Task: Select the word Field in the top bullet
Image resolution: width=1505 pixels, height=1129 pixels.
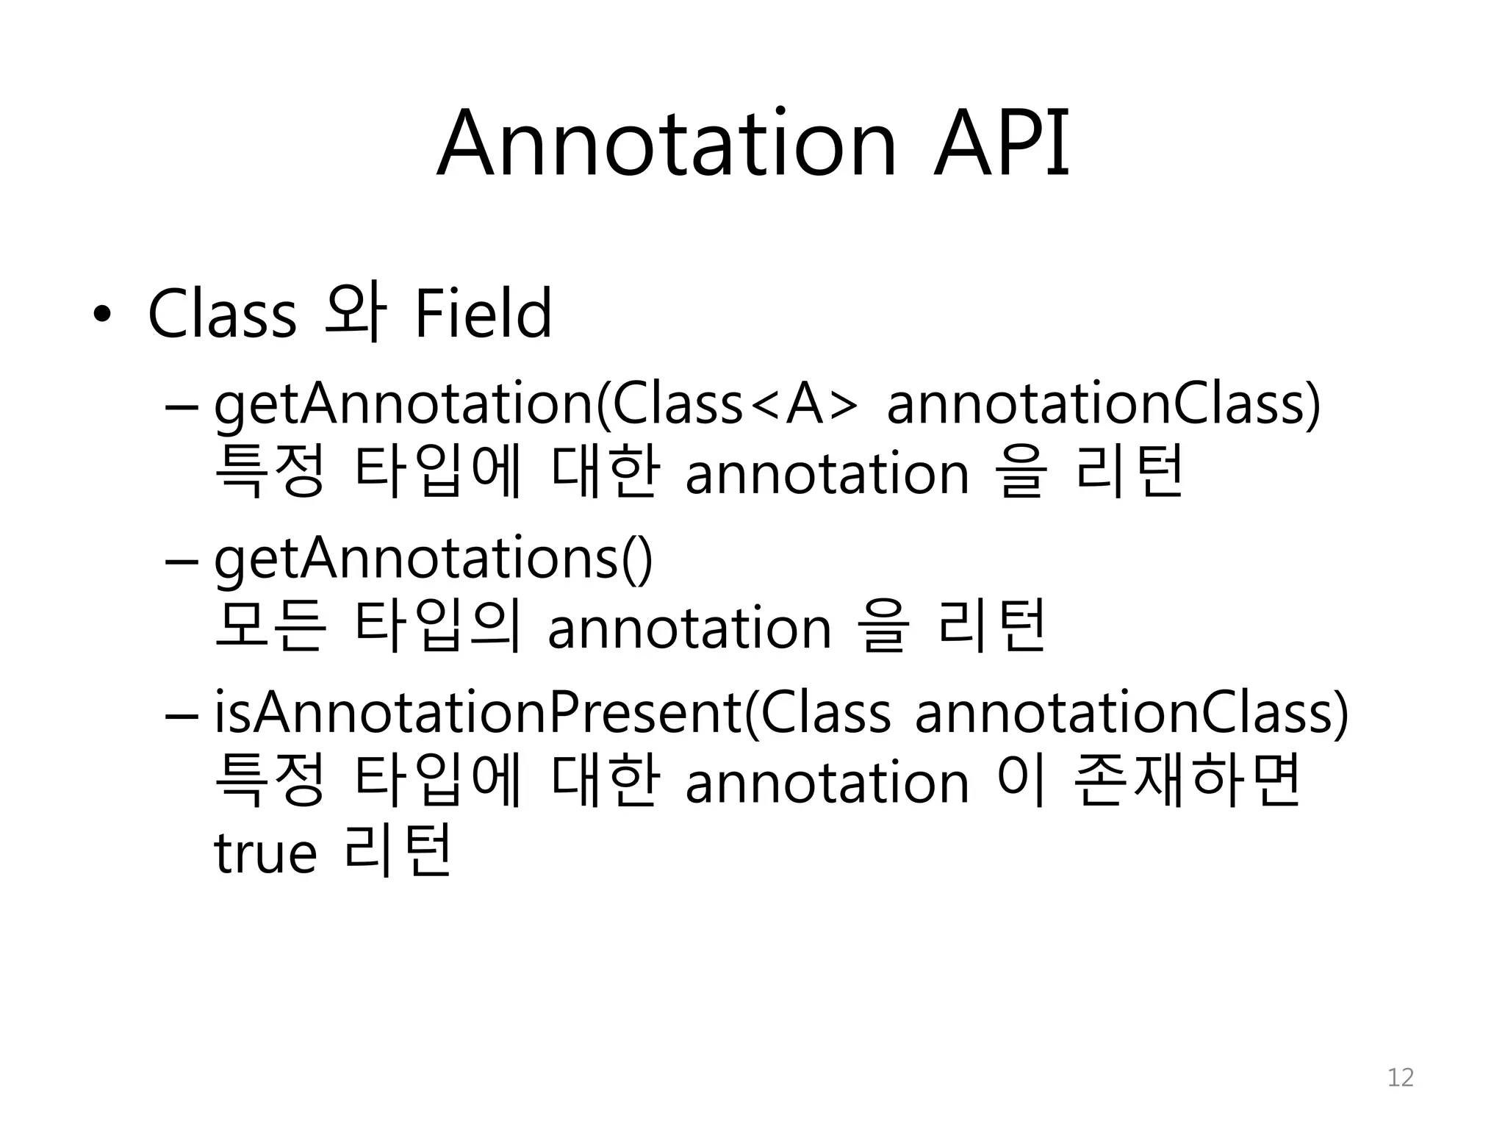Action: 483,314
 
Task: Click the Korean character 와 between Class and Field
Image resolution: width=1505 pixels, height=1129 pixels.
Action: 355,314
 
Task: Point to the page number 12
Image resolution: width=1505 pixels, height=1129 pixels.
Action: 1400,1078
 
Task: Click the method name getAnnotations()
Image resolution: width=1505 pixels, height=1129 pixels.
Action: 433,561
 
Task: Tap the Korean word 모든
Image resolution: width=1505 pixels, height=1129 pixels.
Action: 269,629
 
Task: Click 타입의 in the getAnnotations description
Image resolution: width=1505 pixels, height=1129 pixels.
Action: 438,629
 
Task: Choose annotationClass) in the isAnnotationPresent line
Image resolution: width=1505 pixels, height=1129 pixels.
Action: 1132,714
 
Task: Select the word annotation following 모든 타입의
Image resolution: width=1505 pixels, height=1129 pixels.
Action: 689,629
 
